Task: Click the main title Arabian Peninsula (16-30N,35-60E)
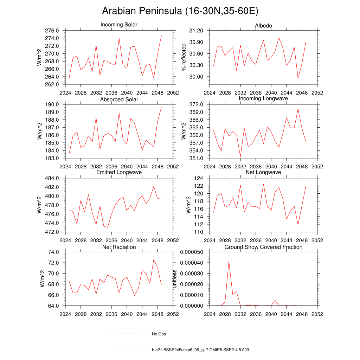point(180,11)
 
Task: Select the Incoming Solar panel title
point(119,25)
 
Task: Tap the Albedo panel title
point(263,26)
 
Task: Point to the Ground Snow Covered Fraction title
point(263,247)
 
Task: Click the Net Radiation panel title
point(119,247)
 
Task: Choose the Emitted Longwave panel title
point(119,172)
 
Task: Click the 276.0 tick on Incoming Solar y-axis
point(52,31)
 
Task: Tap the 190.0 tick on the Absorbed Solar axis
point(52,104)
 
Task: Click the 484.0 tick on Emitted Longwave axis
point(52,178)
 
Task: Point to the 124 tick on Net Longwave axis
point(199,178)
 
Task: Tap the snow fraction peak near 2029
point(229,262)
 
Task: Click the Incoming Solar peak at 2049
point(161,36)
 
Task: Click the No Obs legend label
point(159,334)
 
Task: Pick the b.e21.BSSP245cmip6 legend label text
point(200,350)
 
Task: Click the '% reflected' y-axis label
point(183,57)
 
